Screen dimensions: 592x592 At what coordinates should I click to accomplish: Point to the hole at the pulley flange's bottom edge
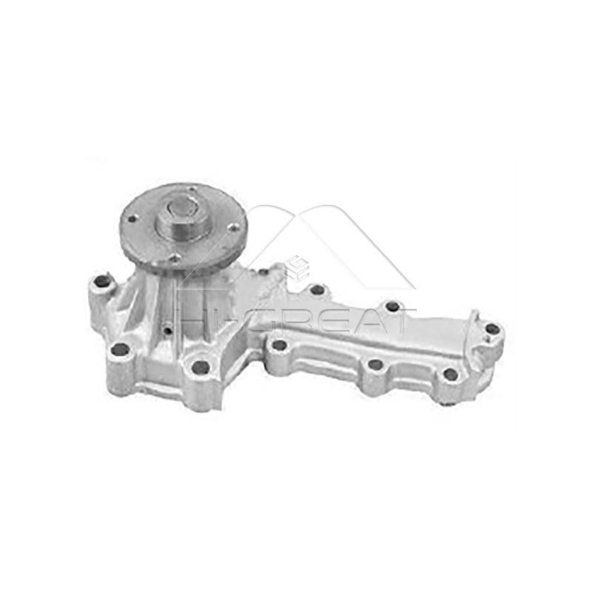pos(175,258)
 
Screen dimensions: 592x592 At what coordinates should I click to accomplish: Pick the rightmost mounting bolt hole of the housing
pos(492,329)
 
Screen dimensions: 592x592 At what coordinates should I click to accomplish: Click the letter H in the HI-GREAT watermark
pos(192,320)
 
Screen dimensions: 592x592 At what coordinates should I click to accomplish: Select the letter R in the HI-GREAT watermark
pos(292,320)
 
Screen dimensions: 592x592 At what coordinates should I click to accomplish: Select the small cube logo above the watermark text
pos(296,267)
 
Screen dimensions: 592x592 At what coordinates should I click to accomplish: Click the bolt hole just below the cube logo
pos(317,290)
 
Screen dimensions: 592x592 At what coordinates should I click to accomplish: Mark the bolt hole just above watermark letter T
pos(392,306)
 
